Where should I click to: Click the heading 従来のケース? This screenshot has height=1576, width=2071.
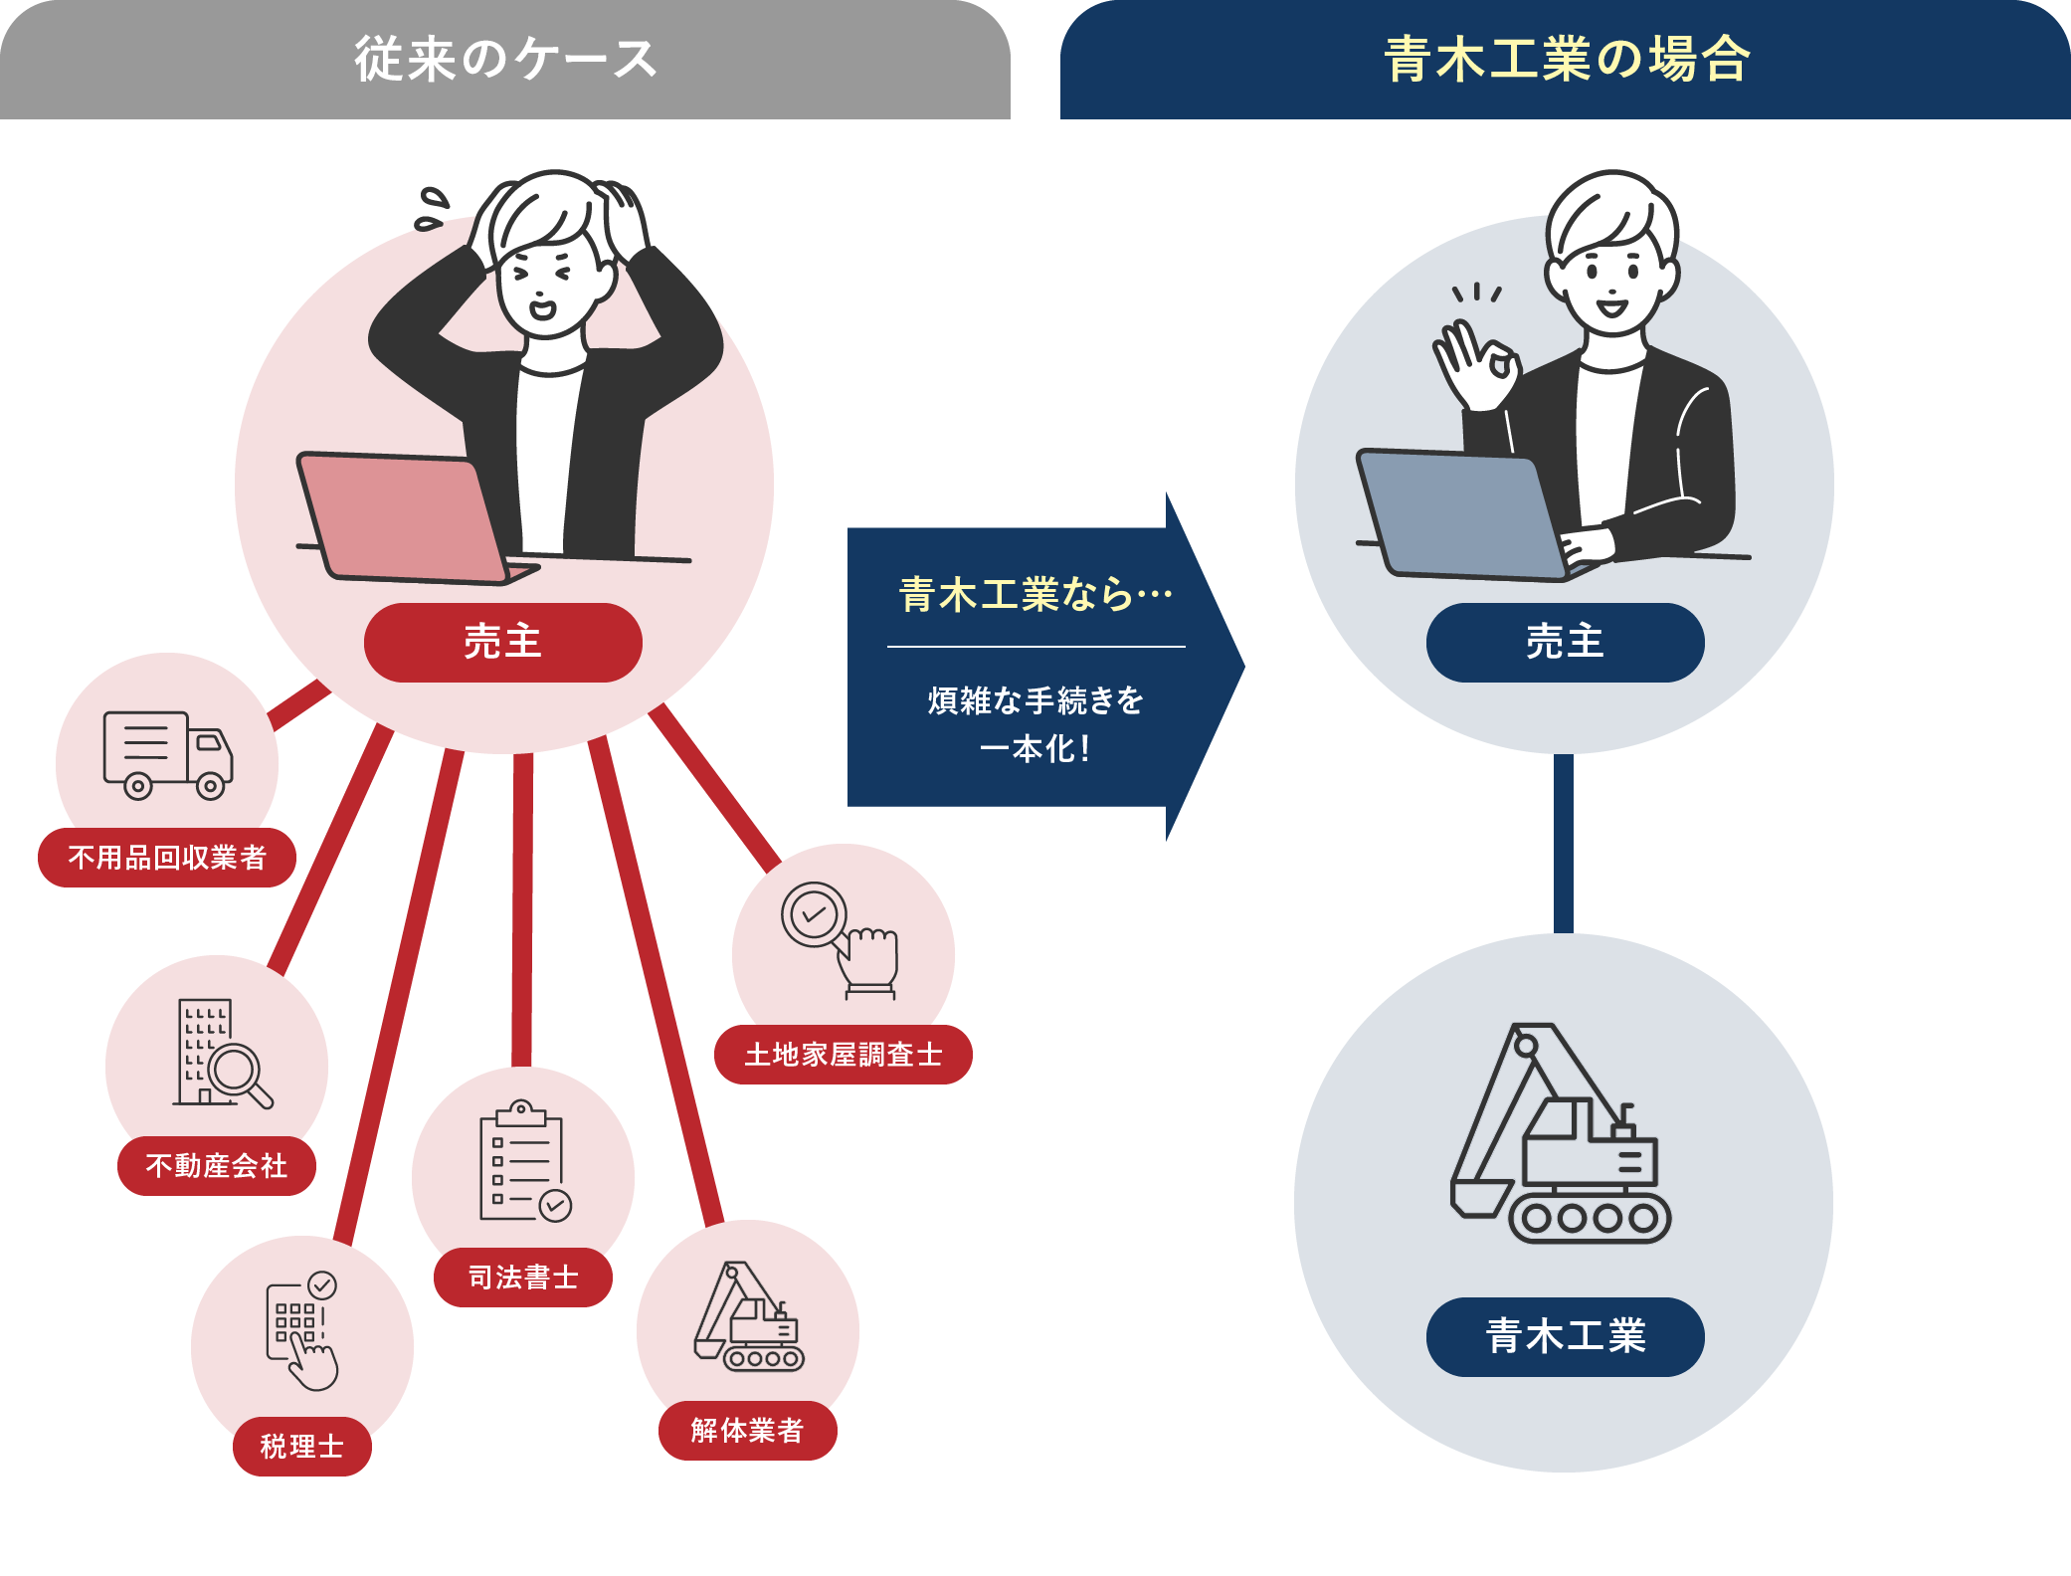tap(505, 59)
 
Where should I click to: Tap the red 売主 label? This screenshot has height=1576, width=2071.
tap(503, 642)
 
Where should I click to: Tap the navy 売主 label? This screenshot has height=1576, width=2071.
tap(1565, 642)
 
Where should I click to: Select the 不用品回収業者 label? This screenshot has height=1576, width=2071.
tap(167, 857)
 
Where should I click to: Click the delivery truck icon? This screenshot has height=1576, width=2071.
tap(167, 754)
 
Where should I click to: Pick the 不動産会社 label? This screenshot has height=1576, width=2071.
tap(217, 1165)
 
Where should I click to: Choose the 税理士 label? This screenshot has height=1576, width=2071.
tap(302, 1446)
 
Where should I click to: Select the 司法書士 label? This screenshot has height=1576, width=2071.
tap(523, 1277)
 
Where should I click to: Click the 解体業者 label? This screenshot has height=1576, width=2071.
tap(747, 1430)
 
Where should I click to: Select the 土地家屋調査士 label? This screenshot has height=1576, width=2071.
tap(844, 1054)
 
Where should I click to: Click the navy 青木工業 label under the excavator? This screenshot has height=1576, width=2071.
tap(1565, 1336)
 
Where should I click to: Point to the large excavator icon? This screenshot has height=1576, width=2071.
tap(1560, 1134)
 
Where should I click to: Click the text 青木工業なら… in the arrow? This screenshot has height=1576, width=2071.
tap(1035, 595)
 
